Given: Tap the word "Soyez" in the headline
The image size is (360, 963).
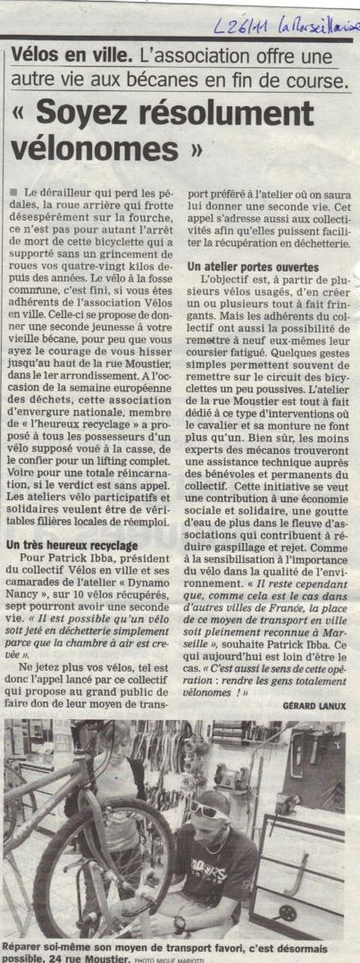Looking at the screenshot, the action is tap(80, 114).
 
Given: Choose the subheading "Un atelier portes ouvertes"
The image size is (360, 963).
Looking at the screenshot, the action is tap(253, 267).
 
